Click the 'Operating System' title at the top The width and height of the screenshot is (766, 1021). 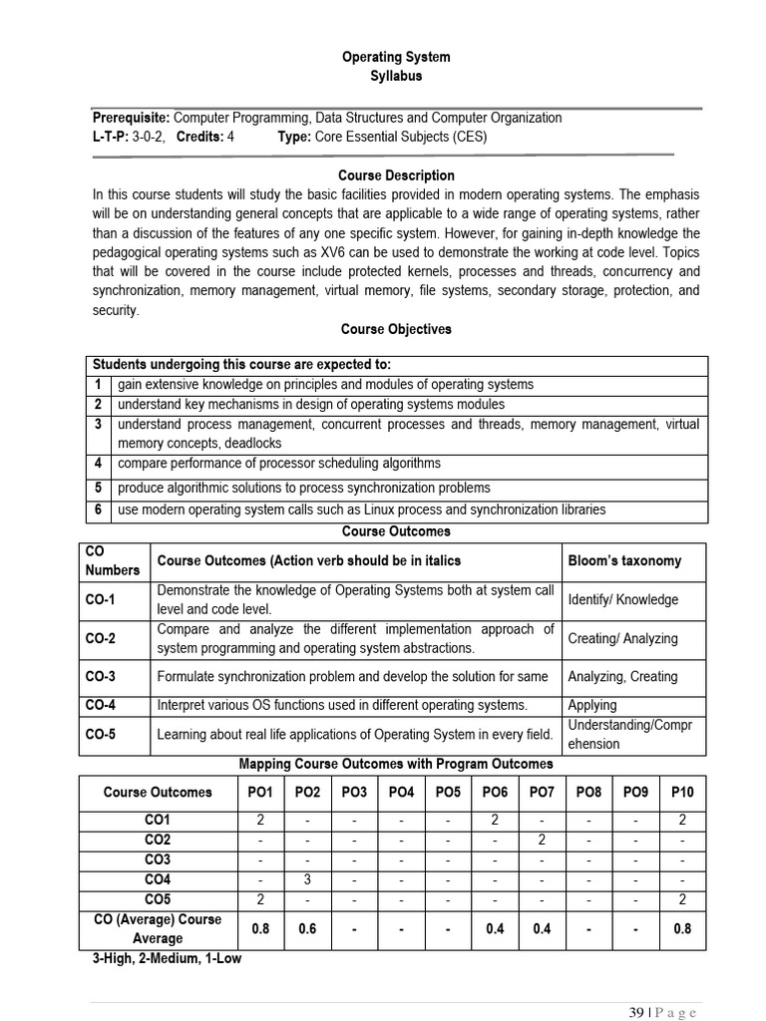click(x=397, y=57)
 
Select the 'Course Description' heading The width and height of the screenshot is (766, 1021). click(x=397, y=175)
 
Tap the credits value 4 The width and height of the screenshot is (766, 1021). click(x=230, y=137)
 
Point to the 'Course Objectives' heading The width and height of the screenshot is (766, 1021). click(x=396, y=329)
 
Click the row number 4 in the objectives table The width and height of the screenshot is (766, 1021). click(x=99, y=464)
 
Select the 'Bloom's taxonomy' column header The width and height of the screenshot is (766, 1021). click(x=624, y=560)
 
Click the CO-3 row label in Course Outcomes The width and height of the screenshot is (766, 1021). click(x=101, y=676)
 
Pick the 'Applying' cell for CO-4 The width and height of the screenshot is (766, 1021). click(x=592, y=705)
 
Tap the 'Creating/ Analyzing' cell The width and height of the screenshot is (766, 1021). click(x=622, y=638)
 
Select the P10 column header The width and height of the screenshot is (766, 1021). click(x=682, y=792)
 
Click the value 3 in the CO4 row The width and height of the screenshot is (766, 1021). click(x=306, y=879)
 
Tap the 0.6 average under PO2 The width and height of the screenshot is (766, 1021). click(x=306, y=928)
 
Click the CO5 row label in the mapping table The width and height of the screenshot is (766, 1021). click(x=158, y=899)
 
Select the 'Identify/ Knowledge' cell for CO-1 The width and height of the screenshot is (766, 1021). click(x=622, y=599)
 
